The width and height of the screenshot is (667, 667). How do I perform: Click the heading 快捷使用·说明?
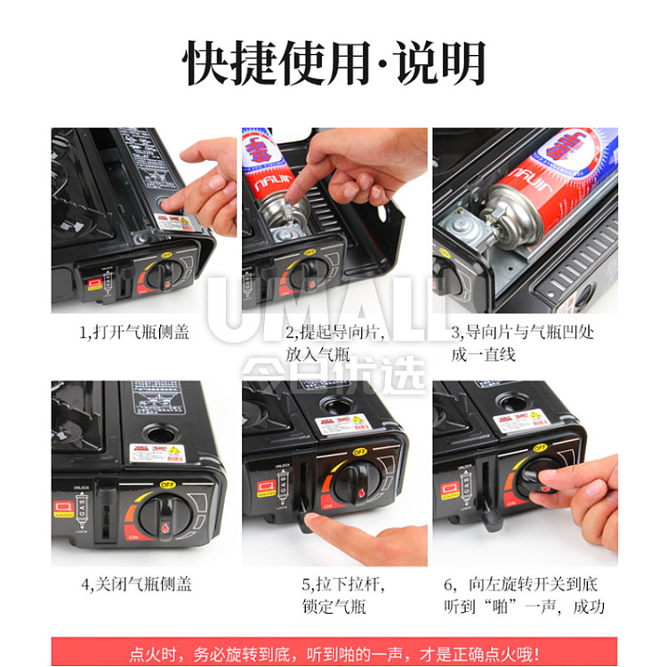click(334, 64)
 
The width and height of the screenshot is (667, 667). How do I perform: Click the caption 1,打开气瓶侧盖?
click(133, 332)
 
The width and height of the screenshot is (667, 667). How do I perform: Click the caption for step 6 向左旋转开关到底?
click(524, 596)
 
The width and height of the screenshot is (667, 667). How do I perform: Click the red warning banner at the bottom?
click(333, 653)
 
